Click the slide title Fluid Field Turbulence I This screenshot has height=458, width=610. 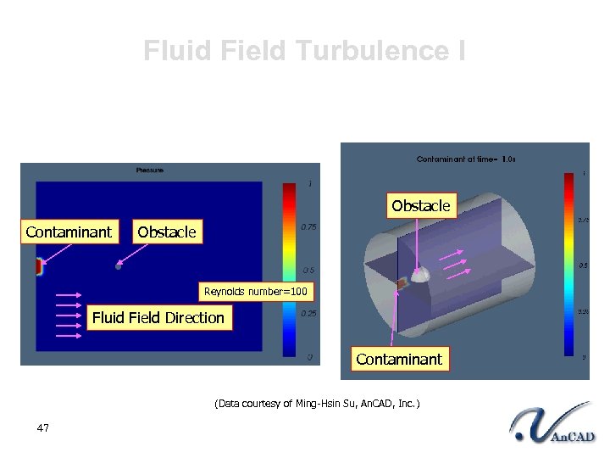tap(304, 51)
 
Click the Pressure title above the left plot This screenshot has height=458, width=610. tap(150, 170)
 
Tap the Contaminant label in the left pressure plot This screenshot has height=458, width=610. tap(69, 232)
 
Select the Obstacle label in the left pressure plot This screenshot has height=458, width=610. tap(166, 232)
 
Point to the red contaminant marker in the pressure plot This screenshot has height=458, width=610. tap(38, 268)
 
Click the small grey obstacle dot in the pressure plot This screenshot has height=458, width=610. tap(119, 266)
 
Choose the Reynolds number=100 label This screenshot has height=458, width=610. tap(256, 293)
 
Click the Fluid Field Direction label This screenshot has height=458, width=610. tap(158, 318)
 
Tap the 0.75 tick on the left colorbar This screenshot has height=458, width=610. tap(310, 226)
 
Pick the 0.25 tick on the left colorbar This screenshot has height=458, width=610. tap(310, 313)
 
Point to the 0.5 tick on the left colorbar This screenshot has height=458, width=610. tap(310, 271)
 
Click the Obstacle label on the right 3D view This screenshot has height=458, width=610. tap(421, 206)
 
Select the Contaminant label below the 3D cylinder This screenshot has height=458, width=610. tap(399, 359)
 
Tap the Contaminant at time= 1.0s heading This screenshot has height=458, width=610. tap(466, 159)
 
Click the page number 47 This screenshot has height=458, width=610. tap(43, 428)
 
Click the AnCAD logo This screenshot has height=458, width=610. tap(552, 424)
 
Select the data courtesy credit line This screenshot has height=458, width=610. tap(317, 404)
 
